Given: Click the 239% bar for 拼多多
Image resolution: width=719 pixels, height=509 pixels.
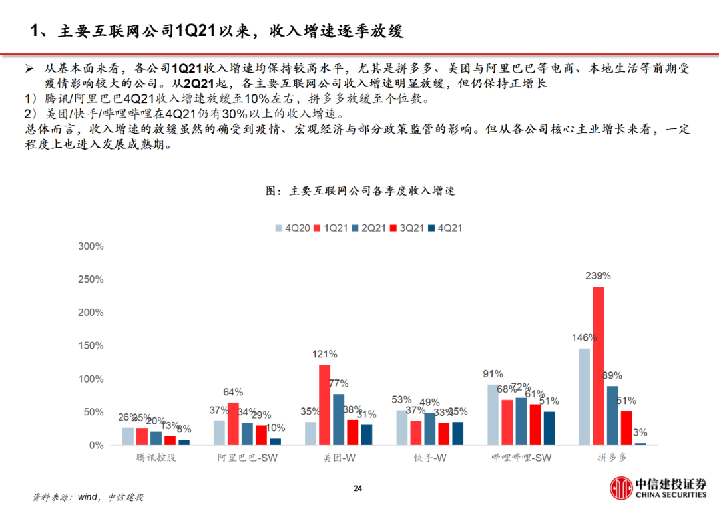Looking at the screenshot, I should coord(599,365).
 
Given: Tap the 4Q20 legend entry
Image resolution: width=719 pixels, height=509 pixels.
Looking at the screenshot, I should coord(291,228).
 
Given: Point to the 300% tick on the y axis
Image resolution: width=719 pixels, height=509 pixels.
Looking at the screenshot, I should coord(91,246).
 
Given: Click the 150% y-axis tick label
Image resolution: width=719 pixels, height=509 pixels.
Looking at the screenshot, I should coord(91,346).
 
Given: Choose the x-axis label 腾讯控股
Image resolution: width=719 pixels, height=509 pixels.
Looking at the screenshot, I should coord(151,458).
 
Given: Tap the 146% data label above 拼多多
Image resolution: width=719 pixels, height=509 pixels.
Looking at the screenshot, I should coord(583,337).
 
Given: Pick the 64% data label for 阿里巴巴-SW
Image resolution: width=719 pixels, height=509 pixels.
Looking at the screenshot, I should coord(233,392).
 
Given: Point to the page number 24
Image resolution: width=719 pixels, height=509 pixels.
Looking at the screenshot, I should coord(358,489).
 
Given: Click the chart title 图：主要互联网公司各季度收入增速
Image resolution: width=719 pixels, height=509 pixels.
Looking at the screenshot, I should coord(359,191).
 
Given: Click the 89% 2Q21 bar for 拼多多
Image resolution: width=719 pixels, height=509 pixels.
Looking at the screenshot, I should coord(612,415).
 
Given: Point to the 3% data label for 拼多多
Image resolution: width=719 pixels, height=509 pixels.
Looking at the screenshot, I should coord(640,432).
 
